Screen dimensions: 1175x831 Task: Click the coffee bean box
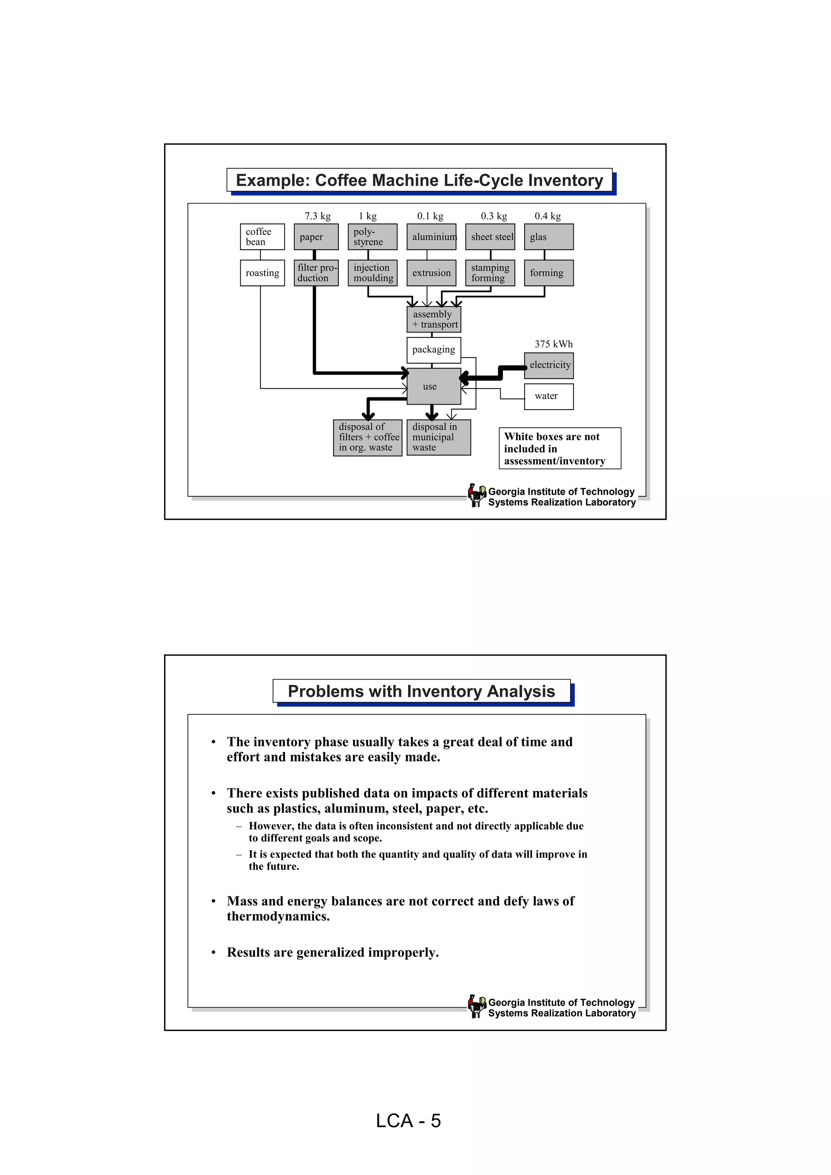click(262, 237)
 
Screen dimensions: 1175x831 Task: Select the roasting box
click(262, 273)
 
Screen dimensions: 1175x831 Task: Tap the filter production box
click(316, 273)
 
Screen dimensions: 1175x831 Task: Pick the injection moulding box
click(372, 273)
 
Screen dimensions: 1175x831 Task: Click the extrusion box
click(431, 273)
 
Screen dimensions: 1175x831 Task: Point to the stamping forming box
click(490, 273)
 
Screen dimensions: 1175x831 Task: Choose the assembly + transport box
click(434, 319)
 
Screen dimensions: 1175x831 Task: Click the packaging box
click(434, 350)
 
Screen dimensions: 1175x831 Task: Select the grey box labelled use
click(434, 386)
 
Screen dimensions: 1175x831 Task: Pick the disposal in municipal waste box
click(438, 437)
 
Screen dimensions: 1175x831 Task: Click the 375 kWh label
click(553, 344)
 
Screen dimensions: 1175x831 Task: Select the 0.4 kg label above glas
click(547, 216)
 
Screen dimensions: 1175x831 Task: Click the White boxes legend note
click(560, 448)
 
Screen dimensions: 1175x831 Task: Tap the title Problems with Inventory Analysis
click(422, 691)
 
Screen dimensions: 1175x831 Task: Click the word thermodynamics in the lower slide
click(278, 917)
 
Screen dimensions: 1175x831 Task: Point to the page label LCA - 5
click(408, 1121)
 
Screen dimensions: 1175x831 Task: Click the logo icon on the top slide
click(477, 495)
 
